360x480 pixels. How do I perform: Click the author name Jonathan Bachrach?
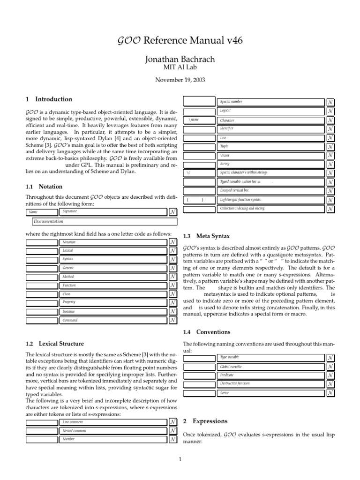[x=180, y=60]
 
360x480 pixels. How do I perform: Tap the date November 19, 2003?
[x=180, y=80]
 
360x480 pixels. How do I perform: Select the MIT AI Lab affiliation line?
[x=180, y=68]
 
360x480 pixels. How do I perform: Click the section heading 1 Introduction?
[x=49, y=99]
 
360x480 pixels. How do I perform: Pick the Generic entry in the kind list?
[x=68, y=268]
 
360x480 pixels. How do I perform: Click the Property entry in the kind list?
[x=69, y=302]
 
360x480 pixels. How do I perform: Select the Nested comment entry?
[x=75, y=431]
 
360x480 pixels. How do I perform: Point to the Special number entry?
[x=231, y=102]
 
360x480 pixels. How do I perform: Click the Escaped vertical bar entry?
[x=235, y=190]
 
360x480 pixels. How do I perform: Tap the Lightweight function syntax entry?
[x=241, y=200]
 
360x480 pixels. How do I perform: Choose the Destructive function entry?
[x=235, y=384]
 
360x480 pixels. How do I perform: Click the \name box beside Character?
[x=199, y=120]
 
